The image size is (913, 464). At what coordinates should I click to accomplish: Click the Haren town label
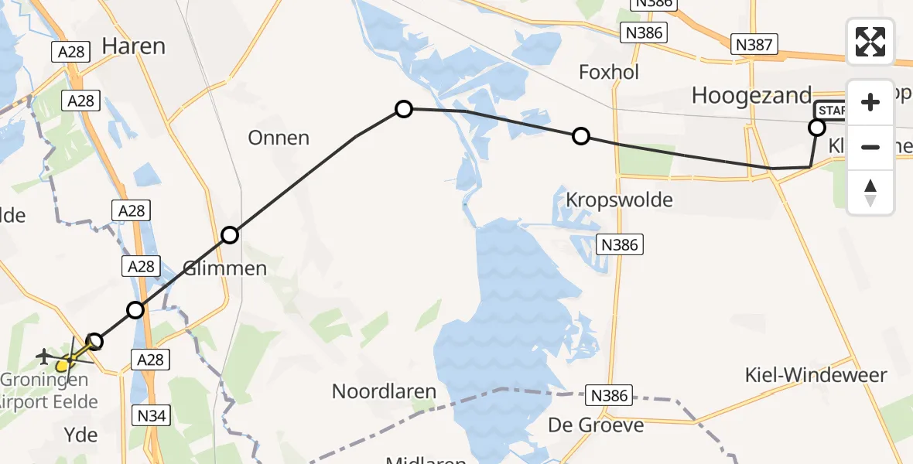tap(133, 46)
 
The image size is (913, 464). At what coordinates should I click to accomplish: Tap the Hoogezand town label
tap(751, 96)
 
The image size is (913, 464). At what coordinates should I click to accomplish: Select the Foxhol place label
tap(609, 72)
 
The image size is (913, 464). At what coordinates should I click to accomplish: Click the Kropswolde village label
tap(619, 200)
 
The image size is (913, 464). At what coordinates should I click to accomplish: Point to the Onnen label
tap(279, 138)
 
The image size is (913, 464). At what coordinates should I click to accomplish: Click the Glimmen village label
tap(224, 268)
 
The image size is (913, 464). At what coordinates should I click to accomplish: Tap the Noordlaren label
tap(385, 391)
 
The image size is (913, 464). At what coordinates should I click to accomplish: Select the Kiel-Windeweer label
tap(816, 376)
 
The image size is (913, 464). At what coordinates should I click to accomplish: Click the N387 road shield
tap(754, 45)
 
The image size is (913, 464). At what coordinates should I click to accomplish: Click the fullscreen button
tap(870, 42)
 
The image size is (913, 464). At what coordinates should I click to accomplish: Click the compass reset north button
tap(870, 193)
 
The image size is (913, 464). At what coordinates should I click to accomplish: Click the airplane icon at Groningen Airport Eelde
tap(44, 357)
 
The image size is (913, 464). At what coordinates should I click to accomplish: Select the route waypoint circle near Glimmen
tap(230, 235)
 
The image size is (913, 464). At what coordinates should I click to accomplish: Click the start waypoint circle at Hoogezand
tap(817, 128)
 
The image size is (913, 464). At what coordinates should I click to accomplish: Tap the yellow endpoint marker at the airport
tap(63, 363)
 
